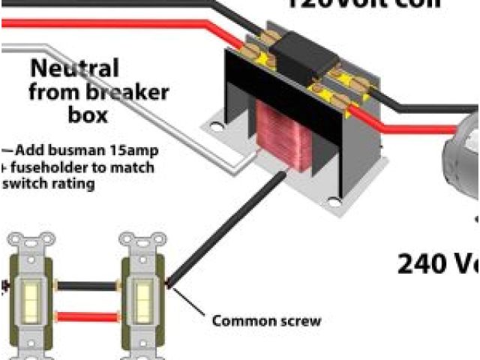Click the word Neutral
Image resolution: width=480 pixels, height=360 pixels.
[x=74, y=70]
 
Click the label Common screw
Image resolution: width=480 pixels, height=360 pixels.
[x=266, y=321]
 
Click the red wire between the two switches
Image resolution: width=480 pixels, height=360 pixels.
[x=85, y=315]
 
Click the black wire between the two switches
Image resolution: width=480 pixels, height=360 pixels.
[x=85, y=285]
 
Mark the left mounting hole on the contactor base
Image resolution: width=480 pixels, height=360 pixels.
[x=217, y=128]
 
